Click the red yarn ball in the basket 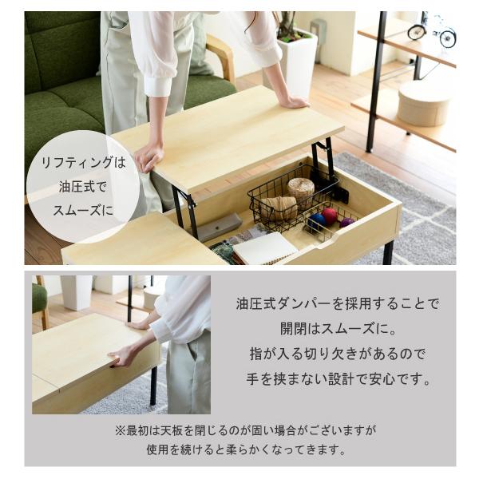[x=330, y=215]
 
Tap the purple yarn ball [x=346, y=222]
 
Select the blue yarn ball [x=317, y=220]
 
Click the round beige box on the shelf [x=424, y=103]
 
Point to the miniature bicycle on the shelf [x=432, y=30]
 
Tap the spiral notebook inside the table [x=264, y=248]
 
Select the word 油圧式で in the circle [x=83, y=187]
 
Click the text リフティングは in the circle [x=83, y=162]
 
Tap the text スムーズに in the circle [x=83, y=211]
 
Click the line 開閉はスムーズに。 [x=338, y=329]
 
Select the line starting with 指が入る [x=338, y=354]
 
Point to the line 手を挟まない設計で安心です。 [x=338, y=379]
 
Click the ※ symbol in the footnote [x=121, y=430]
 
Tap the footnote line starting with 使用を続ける [x=246, y=449]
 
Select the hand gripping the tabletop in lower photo [x=121, y=357]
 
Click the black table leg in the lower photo [x=153, y=386]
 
